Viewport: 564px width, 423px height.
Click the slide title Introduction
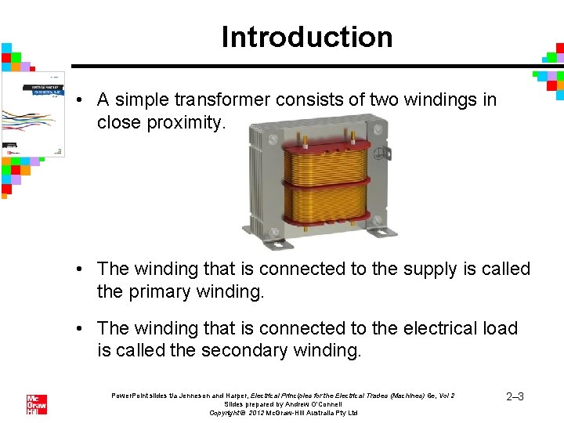[x=306, y=37]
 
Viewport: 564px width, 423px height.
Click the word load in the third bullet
[x=499, y=328]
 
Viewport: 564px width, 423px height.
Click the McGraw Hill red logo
[x=37, y=405]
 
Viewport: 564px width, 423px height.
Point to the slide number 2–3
[x=515, y=397]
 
